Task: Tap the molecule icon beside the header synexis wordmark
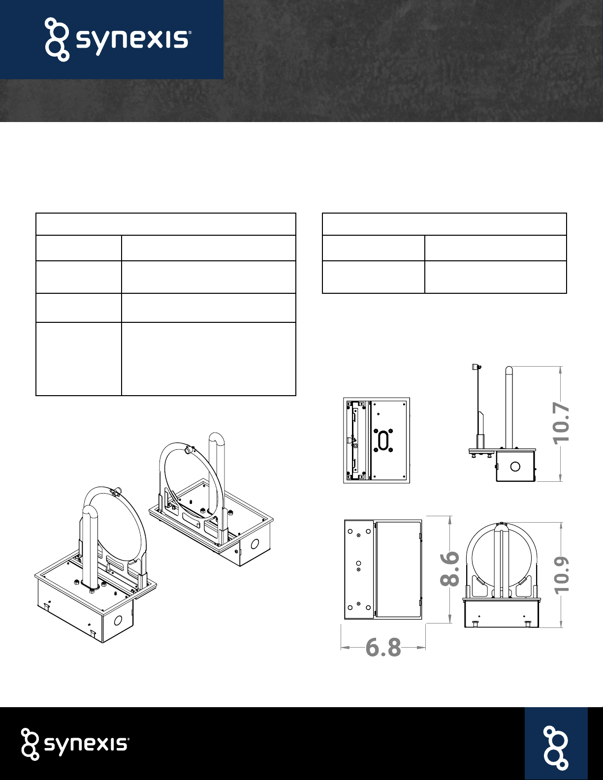click(x=57, y=39)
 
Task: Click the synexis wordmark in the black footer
click(x=87, y=745)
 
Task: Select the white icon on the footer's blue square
click(x=556, y=748)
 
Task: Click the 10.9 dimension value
click(x=561, y=575)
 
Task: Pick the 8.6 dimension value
click(x=449, y=569)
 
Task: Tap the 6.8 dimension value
click(x=383, y=648)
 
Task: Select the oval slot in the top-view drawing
click(x=383, y=440)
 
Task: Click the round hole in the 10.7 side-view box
click(x=515, y=467)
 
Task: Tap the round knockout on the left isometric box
click(x=118, y=620)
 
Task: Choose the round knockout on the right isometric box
click(x=255, y=544)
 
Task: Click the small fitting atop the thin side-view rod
click(x=476, y=367)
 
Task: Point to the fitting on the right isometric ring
click(x=189, y=451)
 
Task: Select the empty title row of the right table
click(x=444, y=224)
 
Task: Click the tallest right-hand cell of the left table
click(x=209, y=359)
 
